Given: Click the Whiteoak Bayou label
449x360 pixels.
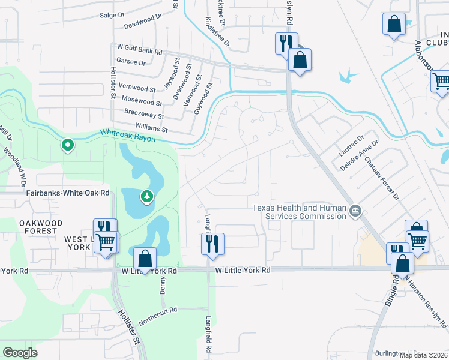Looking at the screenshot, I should [x=128, y=136].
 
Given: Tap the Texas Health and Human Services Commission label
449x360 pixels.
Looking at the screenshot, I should [x=299, y=211].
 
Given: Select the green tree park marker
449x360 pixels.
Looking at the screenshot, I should [x=146, y=196].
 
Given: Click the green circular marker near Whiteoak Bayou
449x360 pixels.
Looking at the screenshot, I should [x=68, y=145].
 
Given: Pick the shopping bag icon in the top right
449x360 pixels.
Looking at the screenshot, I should [x=394, y=25].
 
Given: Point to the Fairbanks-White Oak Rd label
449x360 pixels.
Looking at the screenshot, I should [x=68, y=193].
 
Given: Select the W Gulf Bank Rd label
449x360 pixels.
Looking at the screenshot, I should [x=140, y=52].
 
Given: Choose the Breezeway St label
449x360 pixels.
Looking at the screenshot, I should [x=143, y=113].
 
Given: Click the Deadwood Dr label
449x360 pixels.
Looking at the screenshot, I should [x=143, y=22].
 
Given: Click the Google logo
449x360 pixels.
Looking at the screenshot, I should [x=20, y=352].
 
